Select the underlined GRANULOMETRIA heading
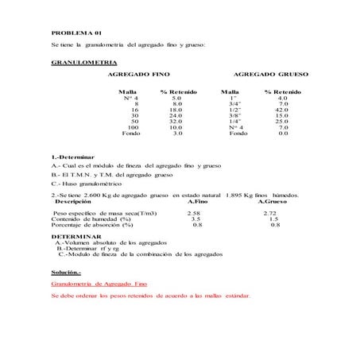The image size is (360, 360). click(x=83, y=61)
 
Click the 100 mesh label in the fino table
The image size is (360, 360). click(x=133, y=127)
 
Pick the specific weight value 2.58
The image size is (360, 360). click(x=193, y=214)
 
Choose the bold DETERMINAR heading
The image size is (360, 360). click(x=76, y=236)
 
